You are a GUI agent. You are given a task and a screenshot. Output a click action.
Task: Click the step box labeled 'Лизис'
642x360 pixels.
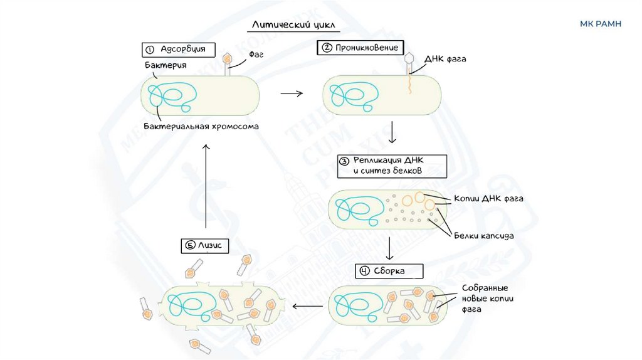click(204, 245)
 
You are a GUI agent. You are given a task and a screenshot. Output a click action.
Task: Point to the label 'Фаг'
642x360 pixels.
click(256, 55)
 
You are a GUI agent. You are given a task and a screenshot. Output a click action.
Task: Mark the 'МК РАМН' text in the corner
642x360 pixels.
click(601, 24)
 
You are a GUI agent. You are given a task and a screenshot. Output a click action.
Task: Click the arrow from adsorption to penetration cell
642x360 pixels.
click(291, 93)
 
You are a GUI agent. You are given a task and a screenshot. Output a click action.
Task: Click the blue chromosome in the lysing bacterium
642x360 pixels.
click(187, 302)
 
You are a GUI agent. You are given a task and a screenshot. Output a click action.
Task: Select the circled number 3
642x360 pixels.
click(343, 160)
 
